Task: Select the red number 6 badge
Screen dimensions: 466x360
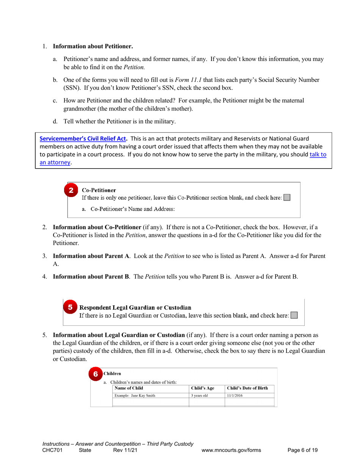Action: coord(96,374)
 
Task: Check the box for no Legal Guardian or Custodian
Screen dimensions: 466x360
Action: coord(293,315)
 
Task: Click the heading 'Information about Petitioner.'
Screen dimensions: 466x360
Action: coord(93,47)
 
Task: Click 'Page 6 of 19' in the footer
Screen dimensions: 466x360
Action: coord(302,450)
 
